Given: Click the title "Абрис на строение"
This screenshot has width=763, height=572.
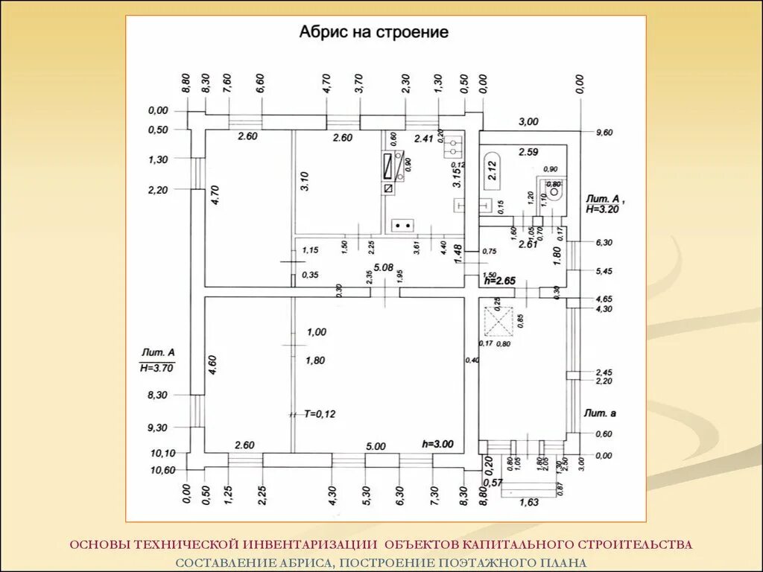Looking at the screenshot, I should (373, 32).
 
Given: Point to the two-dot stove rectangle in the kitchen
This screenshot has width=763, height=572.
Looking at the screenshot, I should (404, 225).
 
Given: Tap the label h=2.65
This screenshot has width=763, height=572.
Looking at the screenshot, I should (499, 282).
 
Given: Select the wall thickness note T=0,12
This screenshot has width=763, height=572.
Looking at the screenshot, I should (320, 413).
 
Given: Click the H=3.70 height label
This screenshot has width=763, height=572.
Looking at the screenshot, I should (156, 367).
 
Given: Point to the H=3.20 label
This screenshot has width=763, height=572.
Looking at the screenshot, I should (603, 210).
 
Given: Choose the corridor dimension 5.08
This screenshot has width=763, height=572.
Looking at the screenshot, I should (384, 267).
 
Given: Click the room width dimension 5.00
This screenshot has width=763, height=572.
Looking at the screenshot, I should (376, 446).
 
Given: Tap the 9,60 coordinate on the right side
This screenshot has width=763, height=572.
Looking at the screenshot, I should (603, 133).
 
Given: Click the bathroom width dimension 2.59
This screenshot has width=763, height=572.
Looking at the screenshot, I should (528, 153).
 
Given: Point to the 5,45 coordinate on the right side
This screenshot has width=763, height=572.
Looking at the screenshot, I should (603, 271).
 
